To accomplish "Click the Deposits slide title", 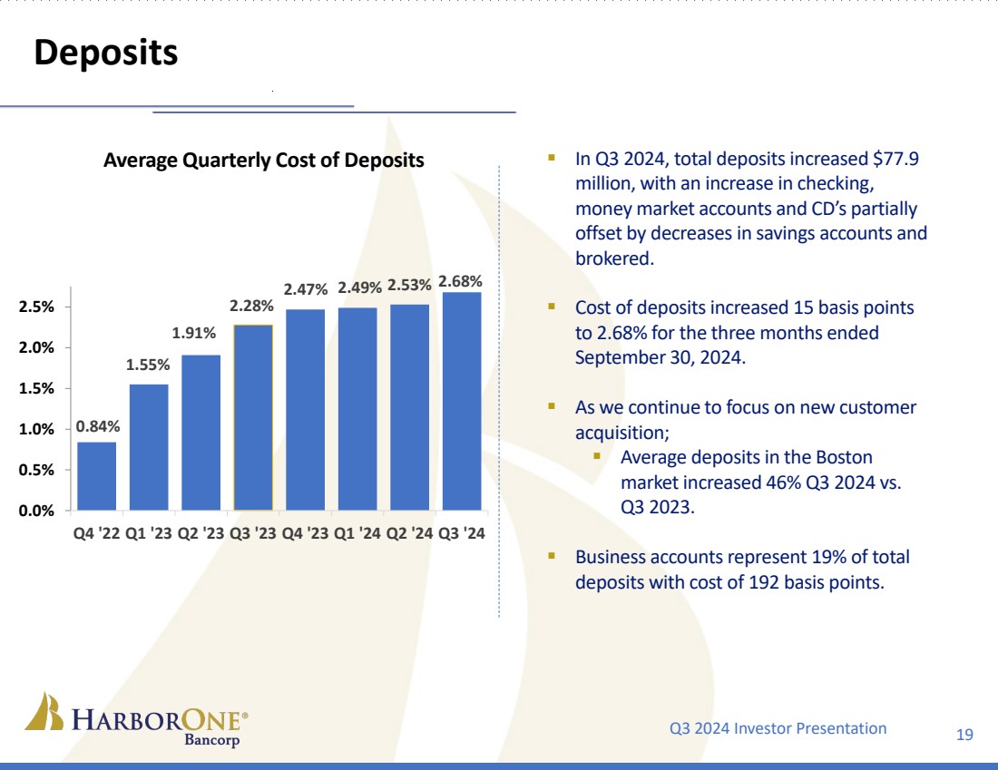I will click(x=105, y=53).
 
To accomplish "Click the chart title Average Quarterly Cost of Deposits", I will click(x=264, y=161).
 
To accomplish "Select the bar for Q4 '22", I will click(x=96, y=475).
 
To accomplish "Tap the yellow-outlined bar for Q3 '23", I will click(x=253, y=417).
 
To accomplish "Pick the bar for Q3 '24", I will click(x=462, y=401).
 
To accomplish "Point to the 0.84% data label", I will click(x=96, y=425).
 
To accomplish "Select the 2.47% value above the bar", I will click(x=306, y=289).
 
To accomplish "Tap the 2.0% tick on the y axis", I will click(x=38, y=347).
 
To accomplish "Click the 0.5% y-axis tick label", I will click(x=38, y=470).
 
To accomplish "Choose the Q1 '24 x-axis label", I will click(x=357, y=533).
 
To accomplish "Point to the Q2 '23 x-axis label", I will click(x=201, y=533).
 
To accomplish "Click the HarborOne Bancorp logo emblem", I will click(x=44, y=712).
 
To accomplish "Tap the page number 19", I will click(x=964, y=734).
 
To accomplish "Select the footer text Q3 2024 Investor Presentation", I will click(x=778, y=727).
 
